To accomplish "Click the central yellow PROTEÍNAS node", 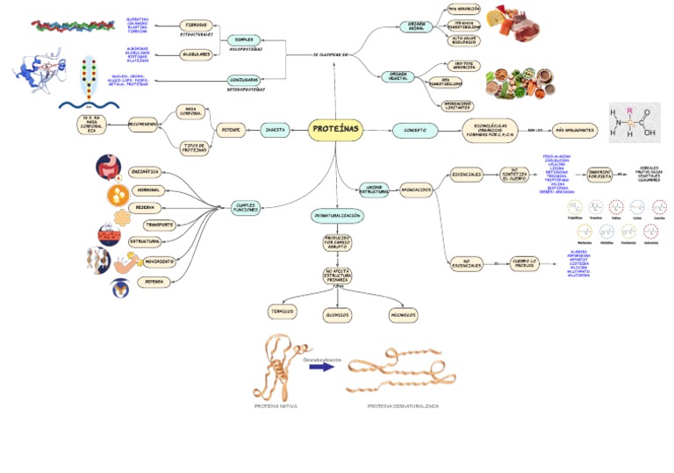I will [x=335, y=130].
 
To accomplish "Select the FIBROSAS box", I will [x=196, y=25].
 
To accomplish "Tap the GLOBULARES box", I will [x=197, y=54].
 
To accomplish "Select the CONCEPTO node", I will [x=415, y=130].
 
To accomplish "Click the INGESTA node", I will [x=276, y=130].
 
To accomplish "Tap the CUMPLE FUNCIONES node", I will [x=245, y=207].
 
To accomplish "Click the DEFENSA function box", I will [x=154, y=282].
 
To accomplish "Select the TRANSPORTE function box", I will [x=158, y=225].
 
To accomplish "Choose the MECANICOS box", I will [x=402, y=314].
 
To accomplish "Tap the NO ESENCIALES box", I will [x=467, y=262].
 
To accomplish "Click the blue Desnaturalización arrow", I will [x=321, y=367].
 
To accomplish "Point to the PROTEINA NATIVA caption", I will [x=277, y=406].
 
